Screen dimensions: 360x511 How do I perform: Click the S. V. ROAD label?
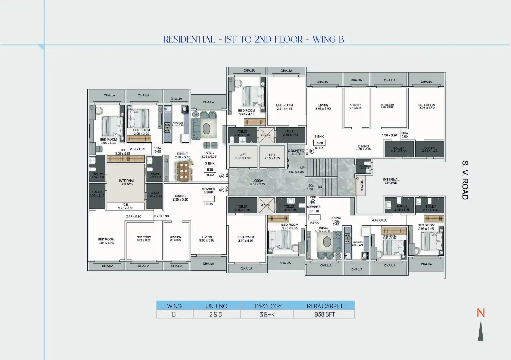pos(465,180)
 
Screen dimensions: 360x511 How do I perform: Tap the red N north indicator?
pos(481,313)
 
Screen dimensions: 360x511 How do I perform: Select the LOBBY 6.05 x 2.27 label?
pos(258,183)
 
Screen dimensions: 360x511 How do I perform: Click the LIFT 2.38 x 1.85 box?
pos(243,156)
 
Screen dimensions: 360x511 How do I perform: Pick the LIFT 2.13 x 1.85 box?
pos(272,156)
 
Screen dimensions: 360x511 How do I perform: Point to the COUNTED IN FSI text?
pos(296,152)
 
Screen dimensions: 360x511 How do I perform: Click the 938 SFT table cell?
pos(325,314)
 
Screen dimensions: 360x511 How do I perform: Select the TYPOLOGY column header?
pos(267,306)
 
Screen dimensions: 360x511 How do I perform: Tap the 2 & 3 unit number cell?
pos(216,314)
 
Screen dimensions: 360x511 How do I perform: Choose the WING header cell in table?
pos(174,306)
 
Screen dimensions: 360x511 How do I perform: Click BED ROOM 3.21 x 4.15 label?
pos(284,107)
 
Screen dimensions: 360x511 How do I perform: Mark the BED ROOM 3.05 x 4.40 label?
pos(427,106)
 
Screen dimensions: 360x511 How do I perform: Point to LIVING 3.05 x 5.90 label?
pos(323,107)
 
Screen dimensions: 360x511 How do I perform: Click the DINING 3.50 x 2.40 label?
pos(363,148)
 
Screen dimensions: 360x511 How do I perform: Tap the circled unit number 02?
pos(222,176)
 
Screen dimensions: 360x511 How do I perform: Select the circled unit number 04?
pos(313,202)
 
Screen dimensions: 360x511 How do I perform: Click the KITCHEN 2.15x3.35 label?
pos(355,106)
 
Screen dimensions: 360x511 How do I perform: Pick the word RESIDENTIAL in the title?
pos(189,40)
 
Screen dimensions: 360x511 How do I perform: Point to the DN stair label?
pos(320,187)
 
